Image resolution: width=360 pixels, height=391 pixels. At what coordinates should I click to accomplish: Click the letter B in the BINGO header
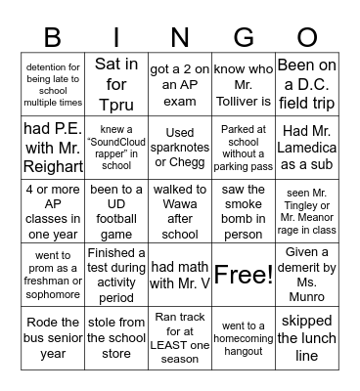pyautogui.click(x=54, y=37)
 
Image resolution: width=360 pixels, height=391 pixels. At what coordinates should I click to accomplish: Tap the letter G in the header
pyautogui.click(x=243, y=37)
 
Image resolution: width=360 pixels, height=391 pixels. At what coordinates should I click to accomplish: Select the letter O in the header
pyautogui.click(x=307, y=37)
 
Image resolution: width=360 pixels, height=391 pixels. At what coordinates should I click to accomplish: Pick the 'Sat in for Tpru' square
pyautogui.click(x=116, y=81)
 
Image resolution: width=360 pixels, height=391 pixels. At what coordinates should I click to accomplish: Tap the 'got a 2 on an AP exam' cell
pyautogui.click(x=179, y=81)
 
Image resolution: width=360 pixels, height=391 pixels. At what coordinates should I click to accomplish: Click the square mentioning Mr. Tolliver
pyautogui.click(x=243, y=81)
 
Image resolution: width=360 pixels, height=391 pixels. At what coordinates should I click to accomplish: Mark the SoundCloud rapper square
pyautogui.click(x=116, y=145)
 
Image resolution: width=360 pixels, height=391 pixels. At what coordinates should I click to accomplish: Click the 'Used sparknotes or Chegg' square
pyautogui.click(x=179, y=145)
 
